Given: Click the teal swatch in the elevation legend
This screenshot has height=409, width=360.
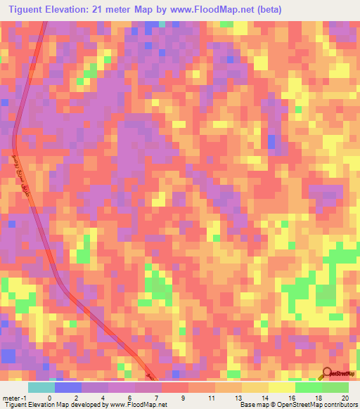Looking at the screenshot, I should click(41, 387).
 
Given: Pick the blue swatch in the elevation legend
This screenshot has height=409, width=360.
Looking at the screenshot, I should click(67, 387).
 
